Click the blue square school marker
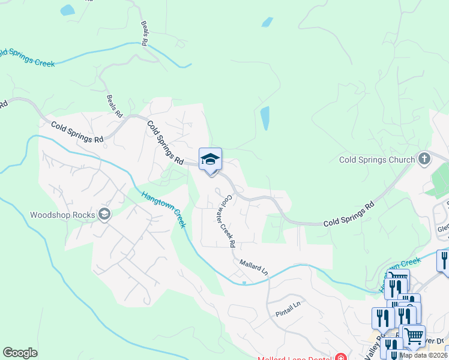pos(210,160)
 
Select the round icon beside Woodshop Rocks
pos(104,214)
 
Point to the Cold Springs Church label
pos(377,160)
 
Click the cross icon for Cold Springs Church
pos(424,159)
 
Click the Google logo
pos(20,353)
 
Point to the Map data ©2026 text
pos(423,355)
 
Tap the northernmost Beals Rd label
pos(145,34)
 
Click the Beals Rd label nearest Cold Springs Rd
pos(114,106)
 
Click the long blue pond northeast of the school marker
pos(265,118)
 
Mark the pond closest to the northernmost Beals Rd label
pos(67,10)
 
